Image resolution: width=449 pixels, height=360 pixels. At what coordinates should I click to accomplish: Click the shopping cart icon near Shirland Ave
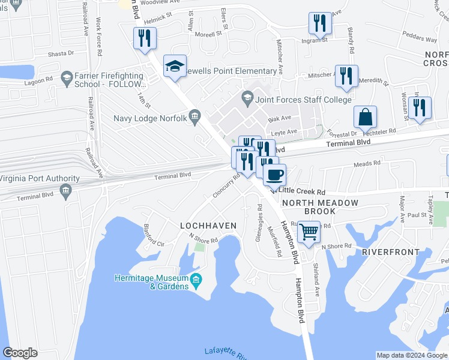tap(309, 230)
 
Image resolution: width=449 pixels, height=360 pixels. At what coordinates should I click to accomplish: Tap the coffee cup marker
tap(274, 176)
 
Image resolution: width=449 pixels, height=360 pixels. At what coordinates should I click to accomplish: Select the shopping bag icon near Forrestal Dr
tap(364, 116)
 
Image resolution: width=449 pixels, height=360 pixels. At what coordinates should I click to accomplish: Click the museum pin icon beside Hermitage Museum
tap(196, 280)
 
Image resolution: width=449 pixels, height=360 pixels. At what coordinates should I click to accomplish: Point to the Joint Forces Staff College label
tap(295, 100)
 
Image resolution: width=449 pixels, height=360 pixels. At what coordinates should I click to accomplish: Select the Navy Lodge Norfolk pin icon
tap(194, 117)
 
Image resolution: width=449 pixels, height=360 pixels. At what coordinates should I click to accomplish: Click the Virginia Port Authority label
tap(40, 179)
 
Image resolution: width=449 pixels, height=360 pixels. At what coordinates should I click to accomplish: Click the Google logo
tap(20, 353)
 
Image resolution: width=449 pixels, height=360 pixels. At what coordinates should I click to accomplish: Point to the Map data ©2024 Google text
tap(412, 355)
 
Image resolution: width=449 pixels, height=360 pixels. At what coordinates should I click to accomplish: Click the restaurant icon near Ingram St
tap(320, 23)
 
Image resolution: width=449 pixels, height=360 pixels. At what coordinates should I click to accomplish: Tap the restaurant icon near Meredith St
tap(346, 76)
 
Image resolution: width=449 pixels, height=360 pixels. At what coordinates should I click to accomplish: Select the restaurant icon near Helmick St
tap(145, 38)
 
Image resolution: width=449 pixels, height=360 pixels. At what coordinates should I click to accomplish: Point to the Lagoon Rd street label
tap(40, 79)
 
